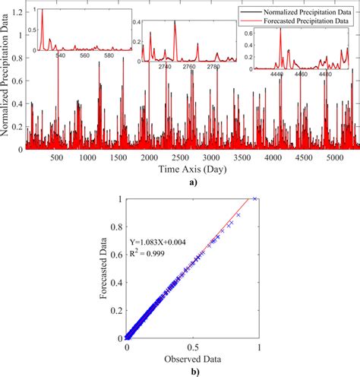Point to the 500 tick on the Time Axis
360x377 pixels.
56,157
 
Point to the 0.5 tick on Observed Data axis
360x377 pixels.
193,347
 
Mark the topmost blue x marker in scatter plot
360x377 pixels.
255,199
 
